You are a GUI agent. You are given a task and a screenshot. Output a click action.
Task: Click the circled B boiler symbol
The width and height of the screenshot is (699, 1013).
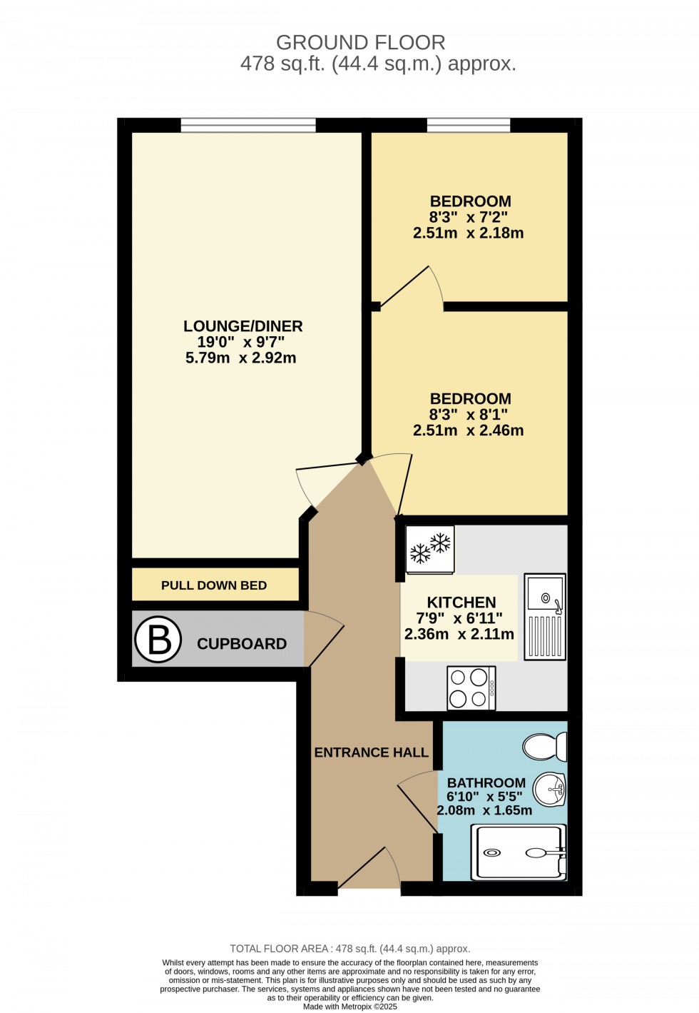pos(158,639)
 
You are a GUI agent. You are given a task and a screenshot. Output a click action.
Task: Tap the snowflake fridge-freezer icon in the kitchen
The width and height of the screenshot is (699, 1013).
pos(430,549)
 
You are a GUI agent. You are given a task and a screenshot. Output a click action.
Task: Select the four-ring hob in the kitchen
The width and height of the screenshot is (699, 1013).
pos(471,687)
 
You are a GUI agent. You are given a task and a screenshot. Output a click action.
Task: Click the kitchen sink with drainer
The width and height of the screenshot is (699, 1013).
pos(546,616)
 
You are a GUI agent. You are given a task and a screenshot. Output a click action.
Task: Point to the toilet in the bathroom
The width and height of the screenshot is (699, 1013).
pos(545,747)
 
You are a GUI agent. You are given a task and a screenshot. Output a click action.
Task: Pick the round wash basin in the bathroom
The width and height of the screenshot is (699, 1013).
pos(549,789)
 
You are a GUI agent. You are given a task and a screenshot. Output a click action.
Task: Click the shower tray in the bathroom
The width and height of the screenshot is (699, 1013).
pos(519,852)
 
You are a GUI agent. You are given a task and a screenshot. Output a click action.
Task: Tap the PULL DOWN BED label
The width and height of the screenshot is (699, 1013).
pos(214,585)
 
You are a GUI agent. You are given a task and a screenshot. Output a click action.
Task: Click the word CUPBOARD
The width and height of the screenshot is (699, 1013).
pos(242,644)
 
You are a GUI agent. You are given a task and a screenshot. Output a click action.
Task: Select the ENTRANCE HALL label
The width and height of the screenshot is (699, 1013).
pos(371,752)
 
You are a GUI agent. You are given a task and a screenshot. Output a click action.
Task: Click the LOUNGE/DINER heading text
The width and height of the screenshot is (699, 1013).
pos(243,326)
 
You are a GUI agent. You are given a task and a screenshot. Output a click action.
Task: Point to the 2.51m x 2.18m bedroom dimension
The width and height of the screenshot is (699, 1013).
pos(469,233)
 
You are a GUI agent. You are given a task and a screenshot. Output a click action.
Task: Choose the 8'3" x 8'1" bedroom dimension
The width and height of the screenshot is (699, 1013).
pos(469,414)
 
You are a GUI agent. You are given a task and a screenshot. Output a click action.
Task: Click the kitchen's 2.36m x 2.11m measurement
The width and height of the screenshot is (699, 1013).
pos(459,634)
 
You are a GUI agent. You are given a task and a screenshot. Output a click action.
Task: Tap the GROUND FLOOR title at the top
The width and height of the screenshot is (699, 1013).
pos(361,43)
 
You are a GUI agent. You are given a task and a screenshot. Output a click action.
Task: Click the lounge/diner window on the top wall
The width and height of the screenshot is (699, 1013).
pos(248,126)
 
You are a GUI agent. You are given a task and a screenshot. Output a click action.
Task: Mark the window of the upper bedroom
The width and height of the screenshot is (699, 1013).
pos(469,126)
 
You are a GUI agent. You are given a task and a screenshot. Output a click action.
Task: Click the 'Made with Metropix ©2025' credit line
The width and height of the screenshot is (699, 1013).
pos(350,1007)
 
